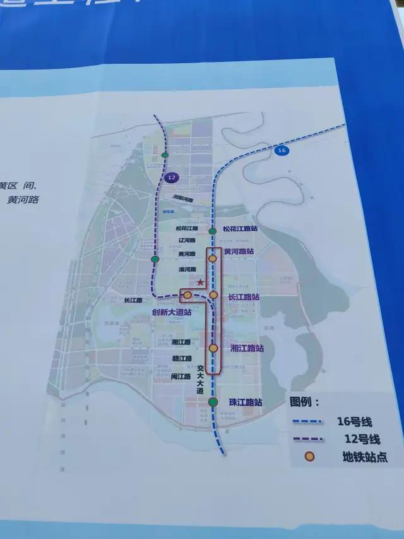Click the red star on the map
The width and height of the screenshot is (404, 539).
click(200, 282)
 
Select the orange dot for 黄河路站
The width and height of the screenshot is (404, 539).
click(213, 258)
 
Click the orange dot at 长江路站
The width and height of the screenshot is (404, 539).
click(213, 295)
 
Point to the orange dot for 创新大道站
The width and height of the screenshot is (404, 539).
click(187, 295)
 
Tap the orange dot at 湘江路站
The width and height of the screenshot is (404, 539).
click(213, 348)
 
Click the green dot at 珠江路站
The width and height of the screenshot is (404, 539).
click(213, 402)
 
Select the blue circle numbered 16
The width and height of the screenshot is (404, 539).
click(282, 150)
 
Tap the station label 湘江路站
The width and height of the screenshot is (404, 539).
click(247, 348)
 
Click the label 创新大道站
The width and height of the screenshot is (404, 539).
click(172, 312)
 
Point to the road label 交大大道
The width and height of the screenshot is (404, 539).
click(200, 380)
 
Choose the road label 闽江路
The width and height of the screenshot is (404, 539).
click(180, 376)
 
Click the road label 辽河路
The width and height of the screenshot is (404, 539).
click(187, 241)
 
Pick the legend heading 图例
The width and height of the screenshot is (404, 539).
click(305, 401)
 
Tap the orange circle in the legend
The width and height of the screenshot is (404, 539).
click(309, 456)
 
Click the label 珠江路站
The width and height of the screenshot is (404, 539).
click(246, 403)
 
